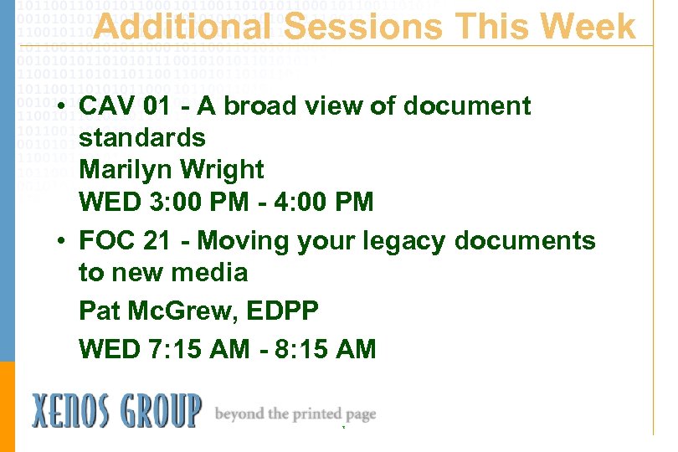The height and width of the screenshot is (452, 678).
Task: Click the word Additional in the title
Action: [182, 27]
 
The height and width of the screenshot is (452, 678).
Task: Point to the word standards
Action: [141, 137]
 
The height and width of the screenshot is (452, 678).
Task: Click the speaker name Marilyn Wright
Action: [171, 170]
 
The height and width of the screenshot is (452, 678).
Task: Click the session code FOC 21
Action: [125, 241]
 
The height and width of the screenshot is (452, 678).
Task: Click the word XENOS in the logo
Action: [79, 411]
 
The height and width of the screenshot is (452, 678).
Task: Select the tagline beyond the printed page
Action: [295, 413]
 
